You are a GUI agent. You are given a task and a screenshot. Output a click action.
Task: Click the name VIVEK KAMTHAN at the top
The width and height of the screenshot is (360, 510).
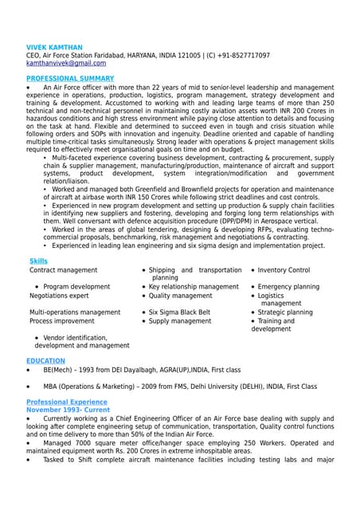click(54, 48)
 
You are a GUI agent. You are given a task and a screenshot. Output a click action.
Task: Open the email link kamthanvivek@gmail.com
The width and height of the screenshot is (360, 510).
click(66, 63)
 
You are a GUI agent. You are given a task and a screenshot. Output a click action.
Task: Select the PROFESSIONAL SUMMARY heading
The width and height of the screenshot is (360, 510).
click(70, 78)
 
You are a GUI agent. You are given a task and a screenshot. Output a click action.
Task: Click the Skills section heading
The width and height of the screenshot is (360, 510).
click(38, 261)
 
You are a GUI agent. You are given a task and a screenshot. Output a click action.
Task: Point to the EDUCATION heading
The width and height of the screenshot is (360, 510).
click(45, 361)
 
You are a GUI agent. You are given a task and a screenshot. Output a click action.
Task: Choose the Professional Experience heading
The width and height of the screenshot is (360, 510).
click(67, 402)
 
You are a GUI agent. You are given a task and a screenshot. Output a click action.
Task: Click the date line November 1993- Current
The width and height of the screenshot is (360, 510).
click(68, 410)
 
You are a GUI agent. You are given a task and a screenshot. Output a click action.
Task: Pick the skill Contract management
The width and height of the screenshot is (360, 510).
click(63, 270)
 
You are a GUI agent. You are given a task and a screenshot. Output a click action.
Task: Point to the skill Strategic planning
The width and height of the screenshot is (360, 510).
click(285, 312)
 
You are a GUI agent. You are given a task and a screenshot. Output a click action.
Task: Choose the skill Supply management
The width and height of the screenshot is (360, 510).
click(180, 321)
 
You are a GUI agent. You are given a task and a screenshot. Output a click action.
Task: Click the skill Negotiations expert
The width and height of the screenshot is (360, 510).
click(59, 296)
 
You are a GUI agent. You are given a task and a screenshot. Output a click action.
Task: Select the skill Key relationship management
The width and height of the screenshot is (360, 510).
click(194, 286)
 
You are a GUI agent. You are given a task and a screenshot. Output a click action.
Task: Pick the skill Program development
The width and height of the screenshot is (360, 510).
click(76, 286)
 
